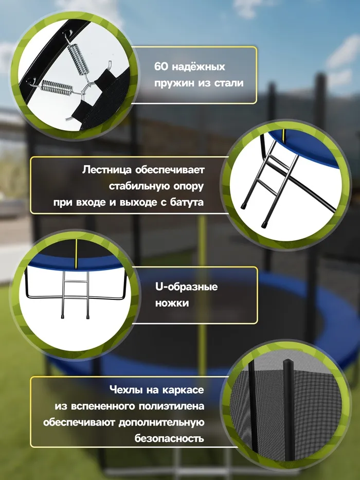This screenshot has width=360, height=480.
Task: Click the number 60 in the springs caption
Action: pos(161,66)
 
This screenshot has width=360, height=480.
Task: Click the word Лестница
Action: pos(107,170)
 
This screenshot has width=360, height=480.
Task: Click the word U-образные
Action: pos(186,287)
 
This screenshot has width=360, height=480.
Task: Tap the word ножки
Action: pos(172,303)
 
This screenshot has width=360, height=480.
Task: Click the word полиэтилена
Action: pos(171,406)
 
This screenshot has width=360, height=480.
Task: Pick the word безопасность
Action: pos(169,438)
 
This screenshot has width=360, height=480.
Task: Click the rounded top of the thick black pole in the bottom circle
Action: pos(289,363)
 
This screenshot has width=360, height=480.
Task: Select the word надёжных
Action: pos(199,66)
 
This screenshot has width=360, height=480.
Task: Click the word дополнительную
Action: pos(161,422)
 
